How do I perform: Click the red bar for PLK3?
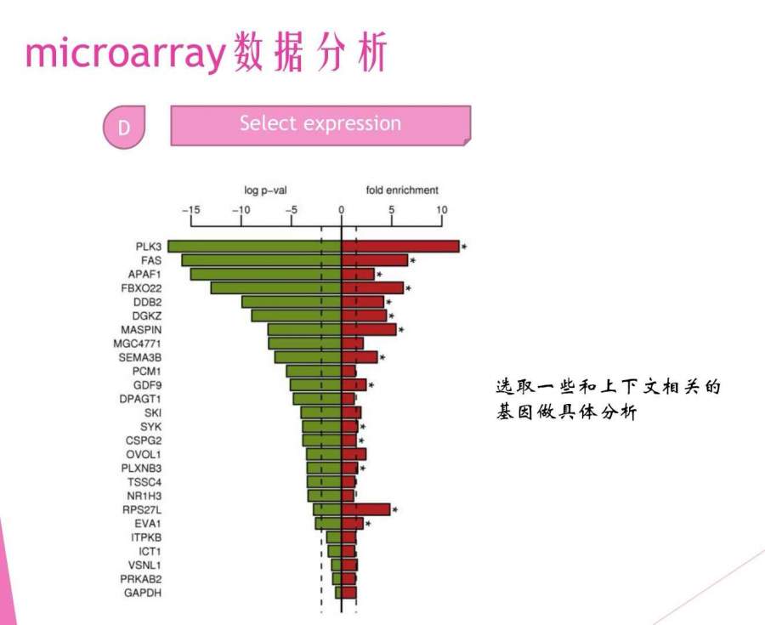click(400, 247)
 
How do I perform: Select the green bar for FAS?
click(262, 260)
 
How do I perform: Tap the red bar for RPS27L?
click(365, 510)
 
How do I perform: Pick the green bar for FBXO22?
click(276, 288)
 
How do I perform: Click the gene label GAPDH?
click(143, 593)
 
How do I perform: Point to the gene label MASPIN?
click(141, 330)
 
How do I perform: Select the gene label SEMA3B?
click(140, 358)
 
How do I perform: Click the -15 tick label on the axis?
click(190, 210)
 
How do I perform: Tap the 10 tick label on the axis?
click(441, 210)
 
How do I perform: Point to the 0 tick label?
click(341, 210)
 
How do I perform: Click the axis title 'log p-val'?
click(265, 190)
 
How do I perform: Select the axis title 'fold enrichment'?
click(403, 190)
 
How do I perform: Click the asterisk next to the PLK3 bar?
click(464, 247)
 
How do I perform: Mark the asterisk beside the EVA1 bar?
click(368, 524)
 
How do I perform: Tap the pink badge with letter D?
click(124, 127)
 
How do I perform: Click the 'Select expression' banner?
click(320, 125)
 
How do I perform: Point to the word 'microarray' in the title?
click(126, 53)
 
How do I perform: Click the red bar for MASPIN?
click(369, 330)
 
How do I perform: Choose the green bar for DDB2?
click(292, 302)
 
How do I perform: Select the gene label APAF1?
click(144, 274)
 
